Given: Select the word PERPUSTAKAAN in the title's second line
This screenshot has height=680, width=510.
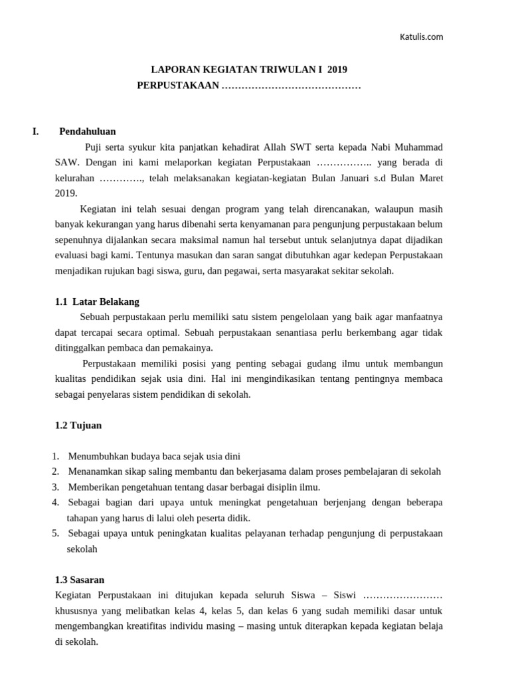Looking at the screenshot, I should (x=177, y=86).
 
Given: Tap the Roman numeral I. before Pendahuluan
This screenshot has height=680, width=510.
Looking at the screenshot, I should (x=36, y=131).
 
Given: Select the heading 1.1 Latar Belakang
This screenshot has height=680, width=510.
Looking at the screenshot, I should (x=97, y=301).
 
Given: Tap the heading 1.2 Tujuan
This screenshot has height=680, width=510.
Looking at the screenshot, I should (x=78, y=425).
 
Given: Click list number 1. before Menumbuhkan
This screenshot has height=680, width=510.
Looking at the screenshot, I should (x=55, y=456).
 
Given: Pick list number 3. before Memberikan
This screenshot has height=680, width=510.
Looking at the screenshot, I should (x=55, y=487).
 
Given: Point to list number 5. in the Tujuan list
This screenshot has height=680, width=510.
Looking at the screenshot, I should (x=55, y=533).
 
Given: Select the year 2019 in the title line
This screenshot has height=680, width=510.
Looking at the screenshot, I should (x=337, y=68).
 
